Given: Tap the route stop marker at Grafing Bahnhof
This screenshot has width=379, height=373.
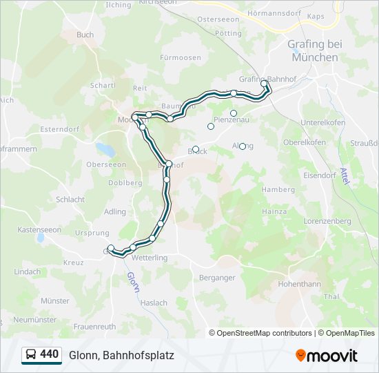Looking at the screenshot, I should click(264, 84).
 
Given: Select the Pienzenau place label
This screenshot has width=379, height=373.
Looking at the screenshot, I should click(232, 119).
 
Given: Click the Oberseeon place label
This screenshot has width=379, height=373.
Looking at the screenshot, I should click(105, 164).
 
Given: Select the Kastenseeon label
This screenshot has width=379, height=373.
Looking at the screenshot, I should click(39, 229).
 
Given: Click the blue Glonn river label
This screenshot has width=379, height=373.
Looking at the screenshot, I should click(132, 281).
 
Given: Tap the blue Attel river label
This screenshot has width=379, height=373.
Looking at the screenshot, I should click(345, 175).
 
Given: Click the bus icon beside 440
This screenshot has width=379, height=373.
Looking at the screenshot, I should click(31, 354).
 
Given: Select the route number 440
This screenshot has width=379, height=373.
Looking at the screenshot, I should click(49, 354).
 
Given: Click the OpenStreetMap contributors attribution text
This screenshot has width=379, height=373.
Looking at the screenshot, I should click(261, 333).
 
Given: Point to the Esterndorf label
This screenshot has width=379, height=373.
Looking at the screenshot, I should click(61, 128).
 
